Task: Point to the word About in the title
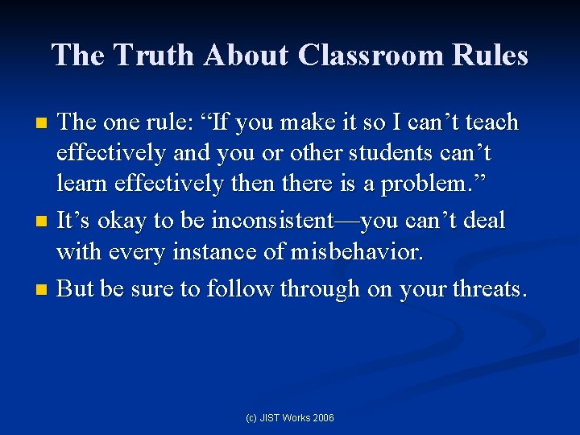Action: click(246, 56)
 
